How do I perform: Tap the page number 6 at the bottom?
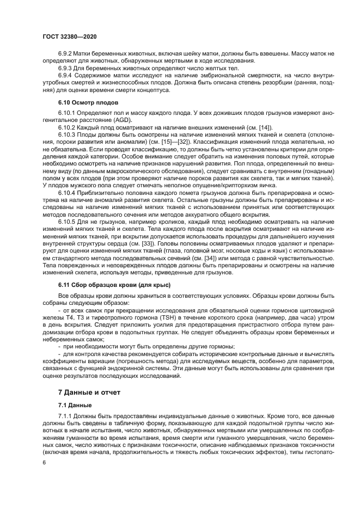pyautogui.click(x=44, y=462)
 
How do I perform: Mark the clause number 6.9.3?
pyautogui.click(x=65, y=69)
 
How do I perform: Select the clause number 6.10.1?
pyautogui.click(x=67, y=113)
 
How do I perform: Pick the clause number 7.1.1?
pyautogui.click(x=65, y=416)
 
